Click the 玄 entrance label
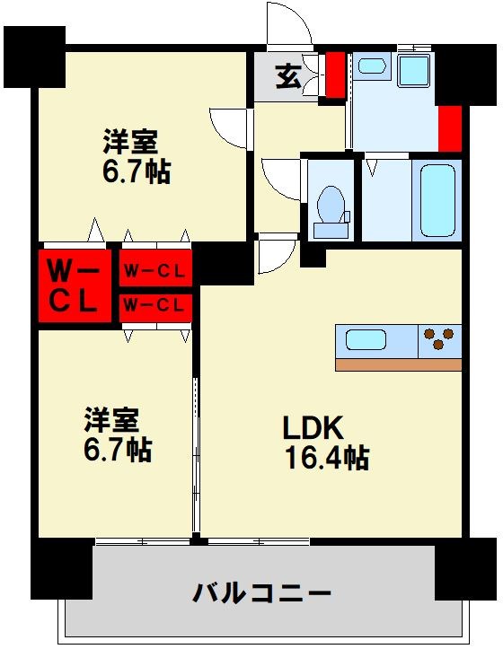[x=287, y=77]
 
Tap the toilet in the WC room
[x=331, y=208]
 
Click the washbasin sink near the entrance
[x=369, y=66]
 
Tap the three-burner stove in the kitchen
[x=440, y=340]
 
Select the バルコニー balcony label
[x=262, y=593]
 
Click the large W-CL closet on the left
[x=74, y=285]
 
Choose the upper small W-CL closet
[x=155, y=269]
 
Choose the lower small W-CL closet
[x=155, y=306]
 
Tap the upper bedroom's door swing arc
[x=228, y=127]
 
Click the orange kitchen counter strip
[x=398, y=364]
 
